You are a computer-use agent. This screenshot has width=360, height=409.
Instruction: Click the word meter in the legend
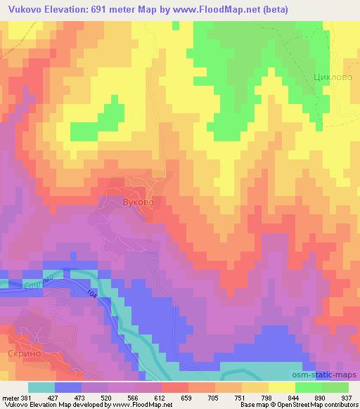point(11,398)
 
